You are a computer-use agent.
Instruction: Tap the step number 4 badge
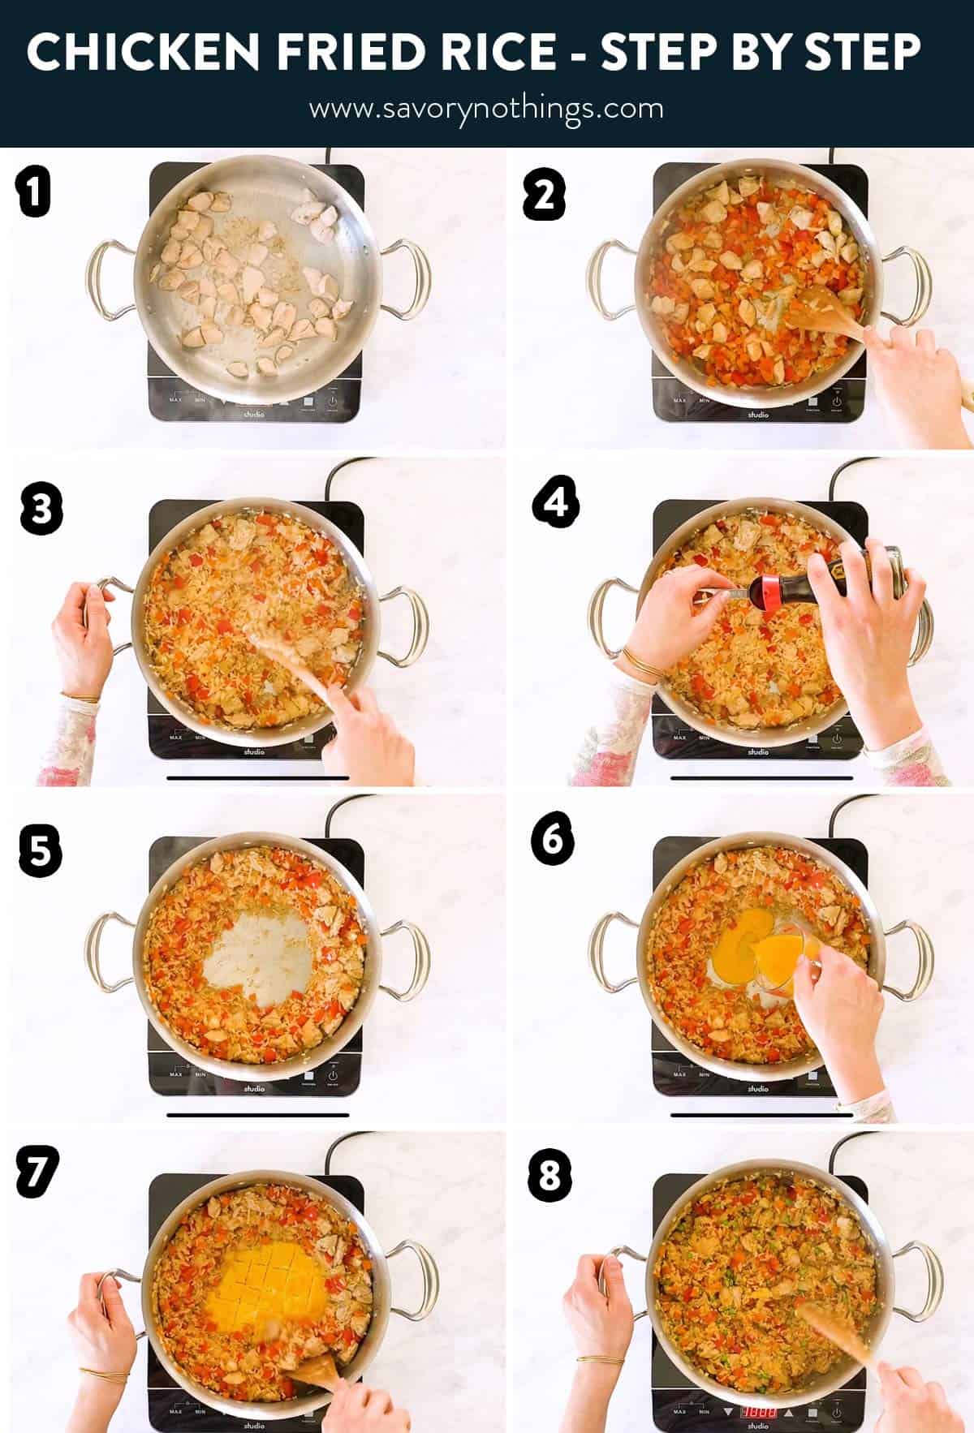556,505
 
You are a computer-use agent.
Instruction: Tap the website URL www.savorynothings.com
485,109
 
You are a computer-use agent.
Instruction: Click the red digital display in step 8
760,1411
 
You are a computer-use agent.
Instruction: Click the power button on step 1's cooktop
333,400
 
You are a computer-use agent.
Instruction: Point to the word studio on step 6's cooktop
757,1088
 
